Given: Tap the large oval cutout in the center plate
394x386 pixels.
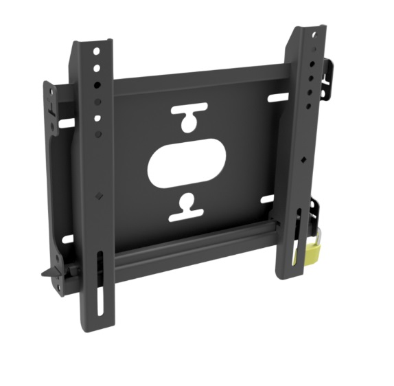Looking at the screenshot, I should (186, 164).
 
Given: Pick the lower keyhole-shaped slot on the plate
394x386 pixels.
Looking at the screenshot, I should (185, 207).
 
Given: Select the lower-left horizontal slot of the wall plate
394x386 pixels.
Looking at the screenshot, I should (67, 239).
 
